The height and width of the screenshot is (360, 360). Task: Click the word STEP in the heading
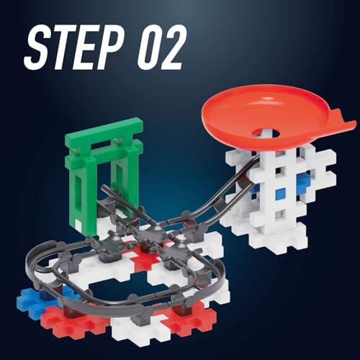(73, 48)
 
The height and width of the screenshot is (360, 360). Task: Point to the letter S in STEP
(37, 48)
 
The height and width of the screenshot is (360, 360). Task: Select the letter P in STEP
(111, 48)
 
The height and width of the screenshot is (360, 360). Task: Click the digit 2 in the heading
(175, 48)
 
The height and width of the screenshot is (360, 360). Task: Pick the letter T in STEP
(63, 48)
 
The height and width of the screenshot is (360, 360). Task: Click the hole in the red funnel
(266, 132)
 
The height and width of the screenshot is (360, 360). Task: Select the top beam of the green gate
(104, 130)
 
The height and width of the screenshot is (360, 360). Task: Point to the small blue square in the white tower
(280, 193)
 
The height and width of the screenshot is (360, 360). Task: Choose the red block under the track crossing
(144, 258)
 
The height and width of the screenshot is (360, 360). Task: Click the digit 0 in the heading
(150, 48)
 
